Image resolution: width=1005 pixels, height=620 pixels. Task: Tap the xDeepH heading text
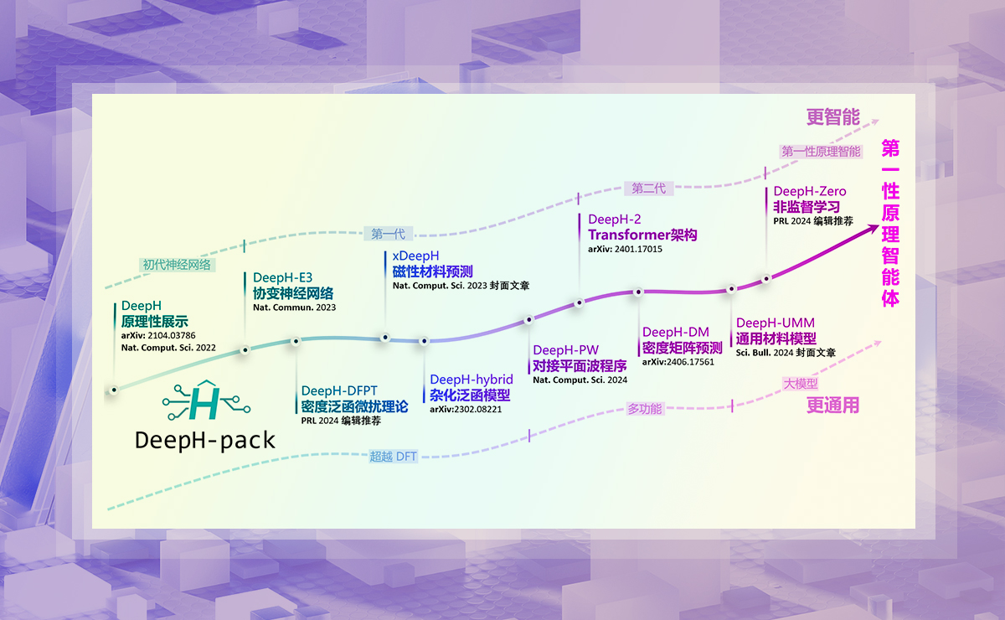415,256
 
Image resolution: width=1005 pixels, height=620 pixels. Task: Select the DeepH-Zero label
809,192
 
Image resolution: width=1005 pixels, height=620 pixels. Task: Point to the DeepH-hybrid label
471,380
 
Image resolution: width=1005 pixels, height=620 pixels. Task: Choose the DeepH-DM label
675,333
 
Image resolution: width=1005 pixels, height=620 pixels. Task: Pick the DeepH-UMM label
775,323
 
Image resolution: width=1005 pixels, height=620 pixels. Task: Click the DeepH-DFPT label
339,390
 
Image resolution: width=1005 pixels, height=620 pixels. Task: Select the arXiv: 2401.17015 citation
626,249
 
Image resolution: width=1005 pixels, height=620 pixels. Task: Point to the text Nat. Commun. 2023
294,307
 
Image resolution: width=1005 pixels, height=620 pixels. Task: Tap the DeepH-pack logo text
204,440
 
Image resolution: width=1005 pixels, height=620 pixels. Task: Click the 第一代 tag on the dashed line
388,235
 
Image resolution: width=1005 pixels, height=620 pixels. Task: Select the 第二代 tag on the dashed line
648,189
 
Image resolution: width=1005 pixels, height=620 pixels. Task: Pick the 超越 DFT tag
394,457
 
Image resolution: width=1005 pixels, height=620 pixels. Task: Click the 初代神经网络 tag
176,265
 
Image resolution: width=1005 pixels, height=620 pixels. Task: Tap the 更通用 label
832,406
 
